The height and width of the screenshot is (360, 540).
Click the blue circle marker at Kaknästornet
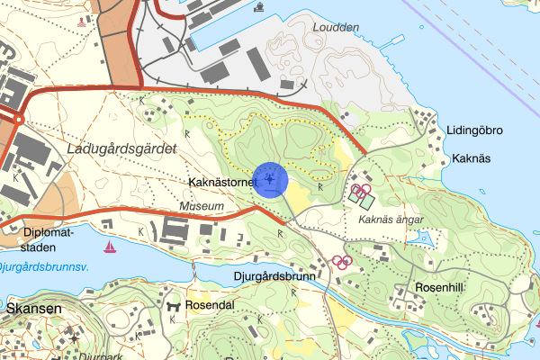coord(270,179)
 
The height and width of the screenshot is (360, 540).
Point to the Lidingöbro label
coord(474,130)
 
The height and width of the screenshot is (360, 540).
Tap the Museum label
coord(202,207)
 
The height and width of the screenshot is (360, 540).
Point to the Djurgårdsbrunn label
coord(274,276)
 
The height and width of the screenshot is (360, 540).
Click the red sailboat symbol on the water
coord(110,247)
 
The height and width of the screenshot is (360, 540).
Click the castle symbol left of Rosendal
coord(174,306)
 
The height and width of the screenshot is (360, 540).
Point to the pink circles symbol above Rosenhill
coord(341,262)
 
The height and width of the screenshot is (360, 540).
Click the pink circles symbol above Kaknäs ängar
coord(361,190)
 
